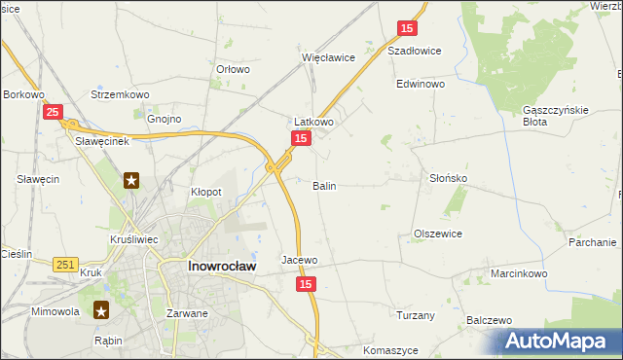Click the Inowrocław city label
pyautogui.click(x=221, y=266)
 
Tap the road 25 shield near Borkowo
pyautogui.click(x=55, y=113)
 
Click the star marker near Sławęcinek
pyautogui.click(x=130, y=180)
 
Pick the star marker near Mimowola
pyautogui.click(x=101, y=310)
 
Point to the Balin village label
pyautogui.click(x=325, y=185)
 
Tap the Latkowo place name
pyautogui.click(x=314, y=123)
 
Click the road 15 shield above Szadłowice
pyautogui.click(x=408, y=29)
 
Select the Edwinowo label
pyautogui.click(x=420, y=85)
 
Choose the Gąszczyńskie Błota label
pyautogui.click(x=556, y=116)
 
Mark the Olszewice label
pyautogui.click(x=438, y=234)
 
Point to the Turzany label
pyautogui.click(x=416, y=315)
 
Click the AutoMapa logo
pyautogui.click(x=561, y=342)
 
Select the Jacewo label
pyautogui.click(x=300, y=260)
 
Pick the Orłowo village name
pyautogui.click(x=234, y=69)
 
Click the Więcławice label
pyautogui.click(x=328, y=57)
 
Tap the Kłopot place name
pyautogui.click(x=205, y=192)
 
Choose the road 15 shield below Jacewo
pyautogui.click(x=307, y=283)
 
